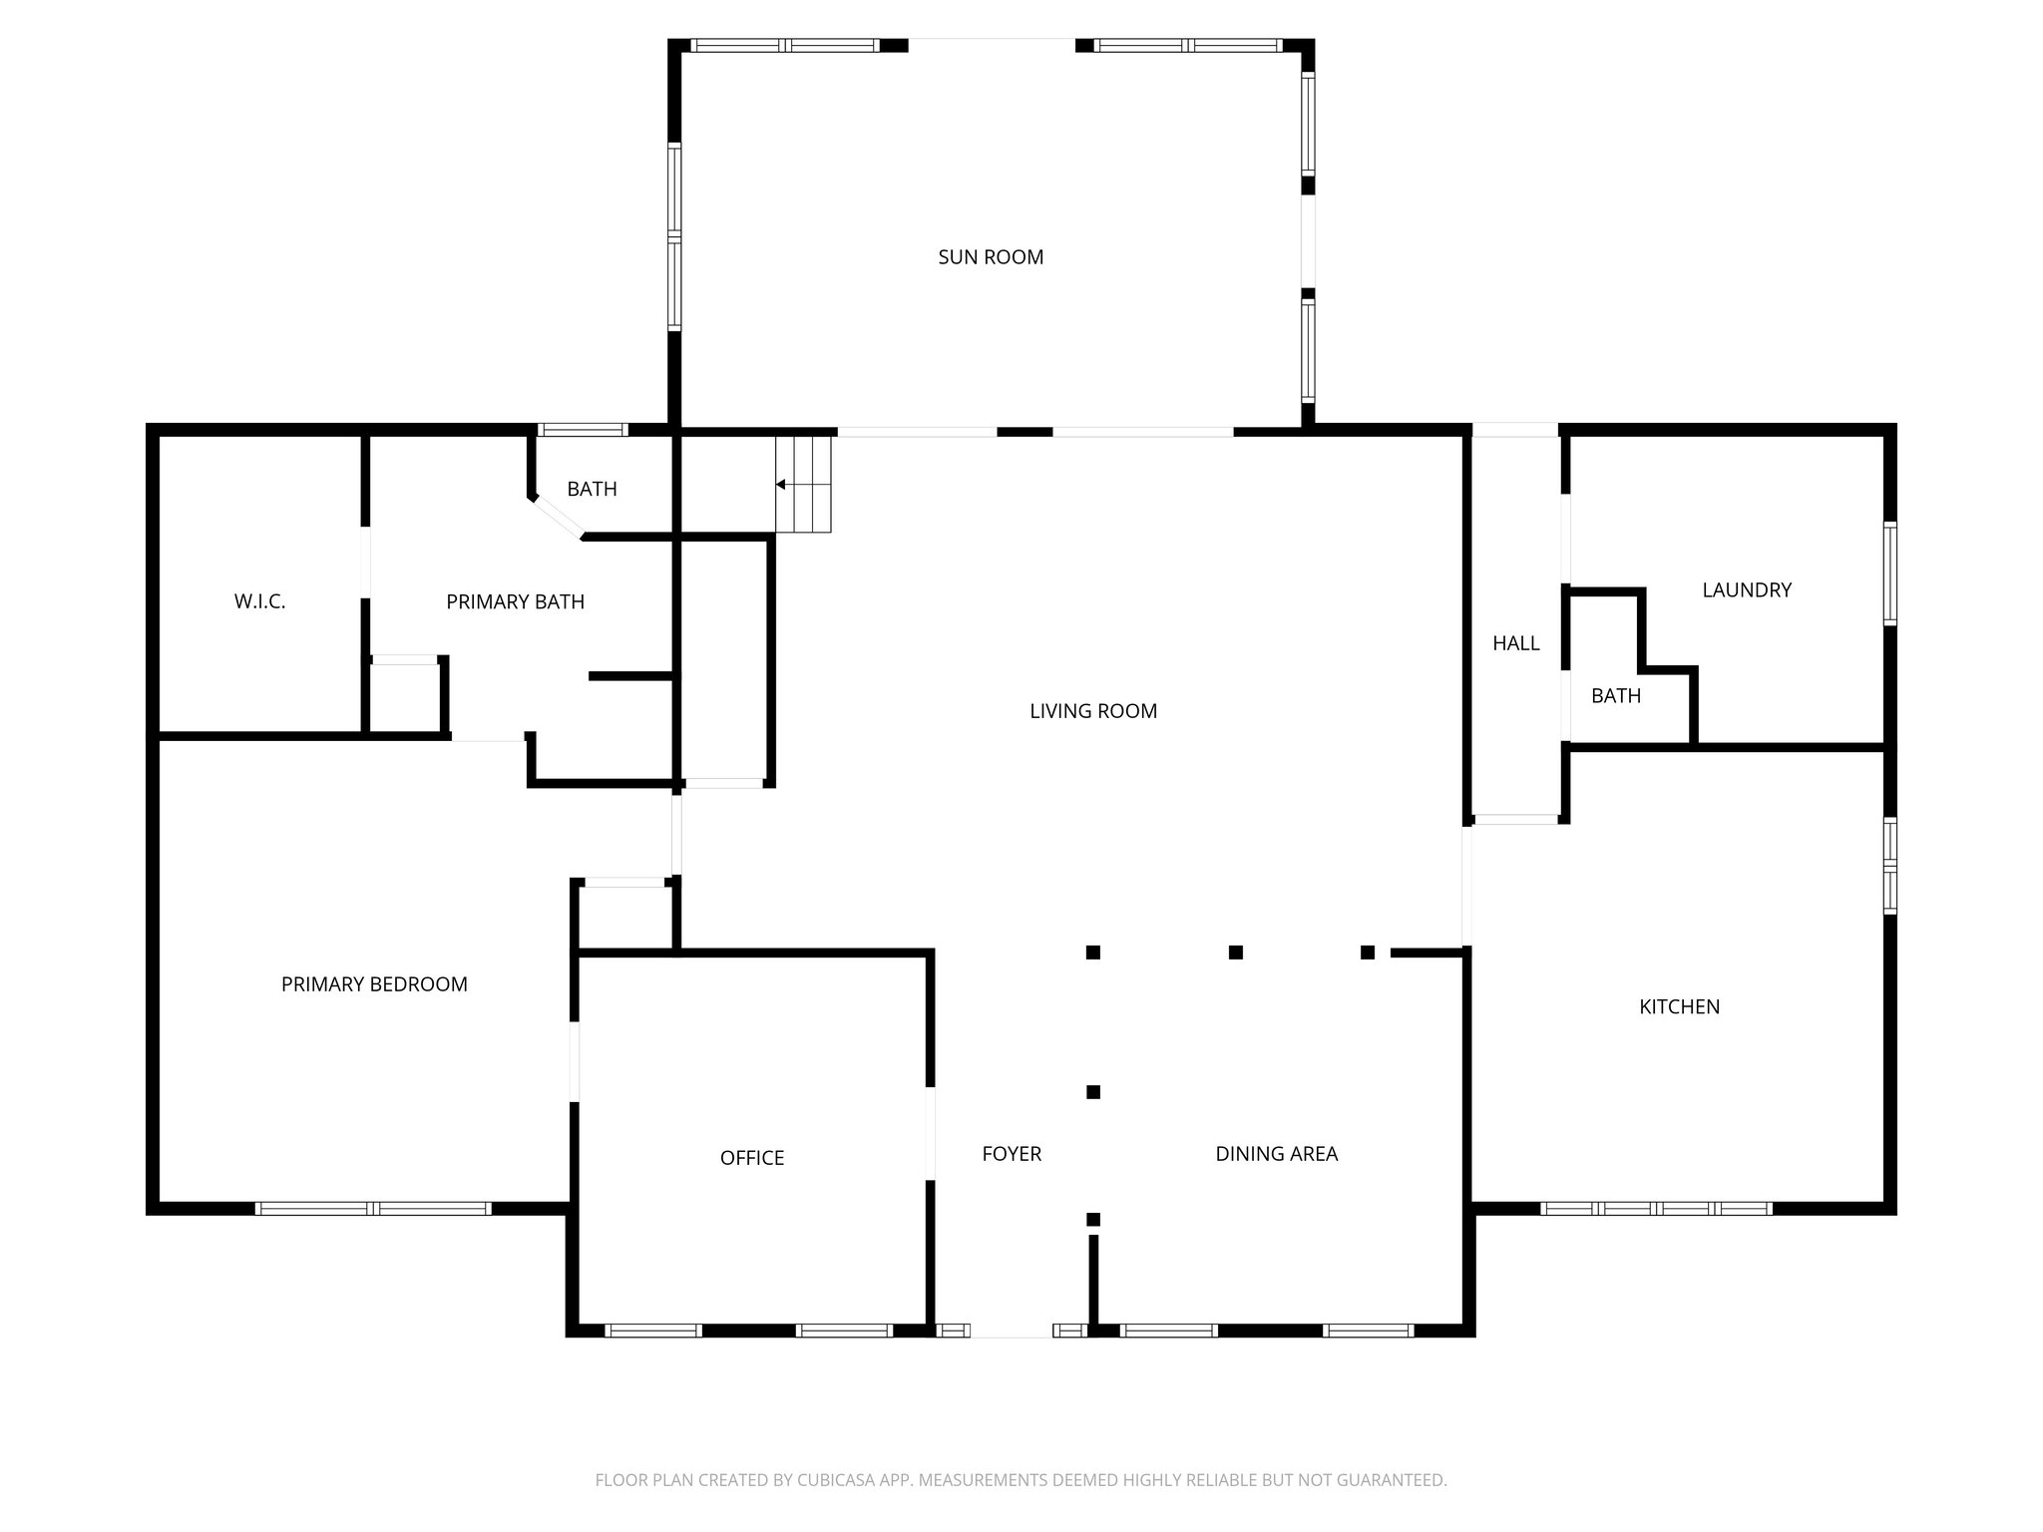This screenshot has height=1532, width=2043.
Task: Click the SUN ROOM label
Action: [x=991, y=257]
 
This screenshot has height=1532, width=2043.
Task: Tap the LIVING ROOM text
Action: [x=1093, y=711]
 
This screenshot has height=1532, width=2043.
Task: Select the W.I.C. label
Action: [x=259, y=601]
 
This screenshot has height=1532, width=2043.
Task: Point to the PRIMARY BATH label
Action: [x=515, y=601]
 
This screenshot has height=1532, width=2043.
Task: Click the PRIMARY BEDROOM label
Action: [x=374, y=984]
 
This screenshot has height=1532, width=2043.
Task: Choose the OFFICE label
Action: [x=752, y=1158]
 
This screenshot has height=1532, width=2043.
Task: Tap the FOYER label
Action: [x=1012, y=1154]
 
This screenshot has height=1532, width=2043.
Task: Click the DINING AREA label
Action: [x=1276, y=1154]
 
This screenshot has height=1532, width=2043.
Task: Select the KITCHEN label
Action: [x=1679, y=1007]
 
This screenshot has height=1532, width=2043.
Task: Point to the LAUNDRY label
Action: [x=1747, y=590]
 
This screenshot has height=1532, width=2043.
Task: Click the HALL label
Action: [x=1515, y=644]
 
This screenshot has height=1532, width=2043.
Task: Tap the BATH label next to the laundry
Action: [x=1615, y=696]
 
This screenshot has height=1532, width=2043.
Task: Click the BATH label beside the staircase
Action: [x=592, y=489]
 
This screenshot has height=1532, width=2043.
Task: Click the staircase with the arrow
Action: [x=804, y=485]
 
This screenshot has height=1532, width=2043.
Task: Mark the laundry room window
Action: [x=1889, y=574]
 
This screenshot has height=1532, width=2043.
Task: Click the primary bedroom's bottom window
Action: [x=373, y=1208]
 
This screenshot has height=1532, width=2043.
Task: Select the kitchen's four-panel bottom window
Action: [x=1656, y=1208]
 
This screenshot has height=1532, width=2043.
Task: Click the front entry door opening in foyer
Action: [x=1012, y=1331]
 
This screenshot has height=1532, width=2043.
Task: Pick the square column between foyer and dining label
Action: [x=1093, y=1092]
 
